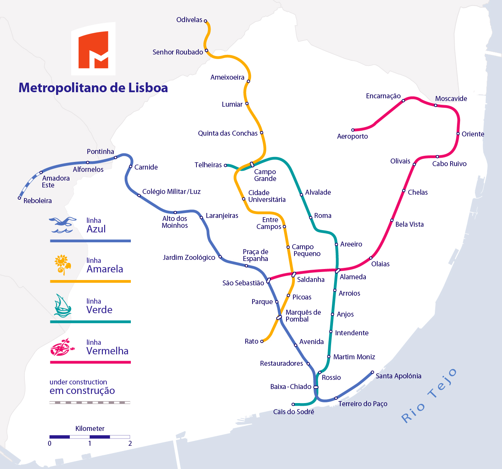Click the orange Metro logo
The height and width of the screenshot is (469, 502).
pyautogui.click(x=93, y=50)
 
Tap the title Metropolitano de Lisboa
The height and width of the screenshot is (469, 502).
pyautogui.click(x=93, y=88)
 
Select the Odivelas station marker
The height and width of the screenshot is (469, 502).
pyautogui.click(x=206, y=21)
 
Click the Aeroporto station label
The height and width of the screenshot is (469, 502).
pyautogui.click(x=352, y=136)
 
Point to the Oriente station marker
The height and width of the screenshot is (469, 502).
pyautogui.click(x=458, y=134)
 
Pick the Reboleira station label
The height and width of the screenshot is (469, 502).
pyautogui.click(x=37, y=201)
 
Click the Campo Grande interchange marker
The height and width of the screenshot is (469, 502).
pyautogui.click(x=252, y=165)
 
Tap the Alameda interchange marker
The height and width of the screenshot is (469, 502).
pyautogui.click(x=338, y=271)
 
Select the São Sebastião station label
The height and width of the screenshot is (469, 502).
pyautogui.click(x=243, y=283)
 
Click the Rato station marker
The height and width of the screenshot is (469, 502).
pyautogui.click(x=262, y=341)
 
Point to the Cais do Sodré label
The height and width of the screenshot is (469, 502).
pyautogui.click(x=294, y=412)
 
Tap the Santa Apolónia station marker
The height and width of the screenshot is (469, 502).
pyautogui.click(x=373, y=372)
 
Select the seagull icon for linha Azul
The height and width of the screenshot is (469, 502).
pyautogui.click(x=61, y=225)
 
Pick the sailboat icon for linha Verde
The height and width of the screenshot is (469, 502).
pyautogui.click(x=62, y=306)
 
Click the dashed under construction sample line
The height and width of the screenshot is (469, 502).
pyautogui.click(x=90, y=402)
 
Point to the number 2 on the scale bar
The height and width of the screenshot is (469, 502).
pyautogui.click(x=130, y=443)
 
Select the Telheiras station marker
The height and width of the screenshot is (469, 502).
pyautogui.click(x=226, y=165)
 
